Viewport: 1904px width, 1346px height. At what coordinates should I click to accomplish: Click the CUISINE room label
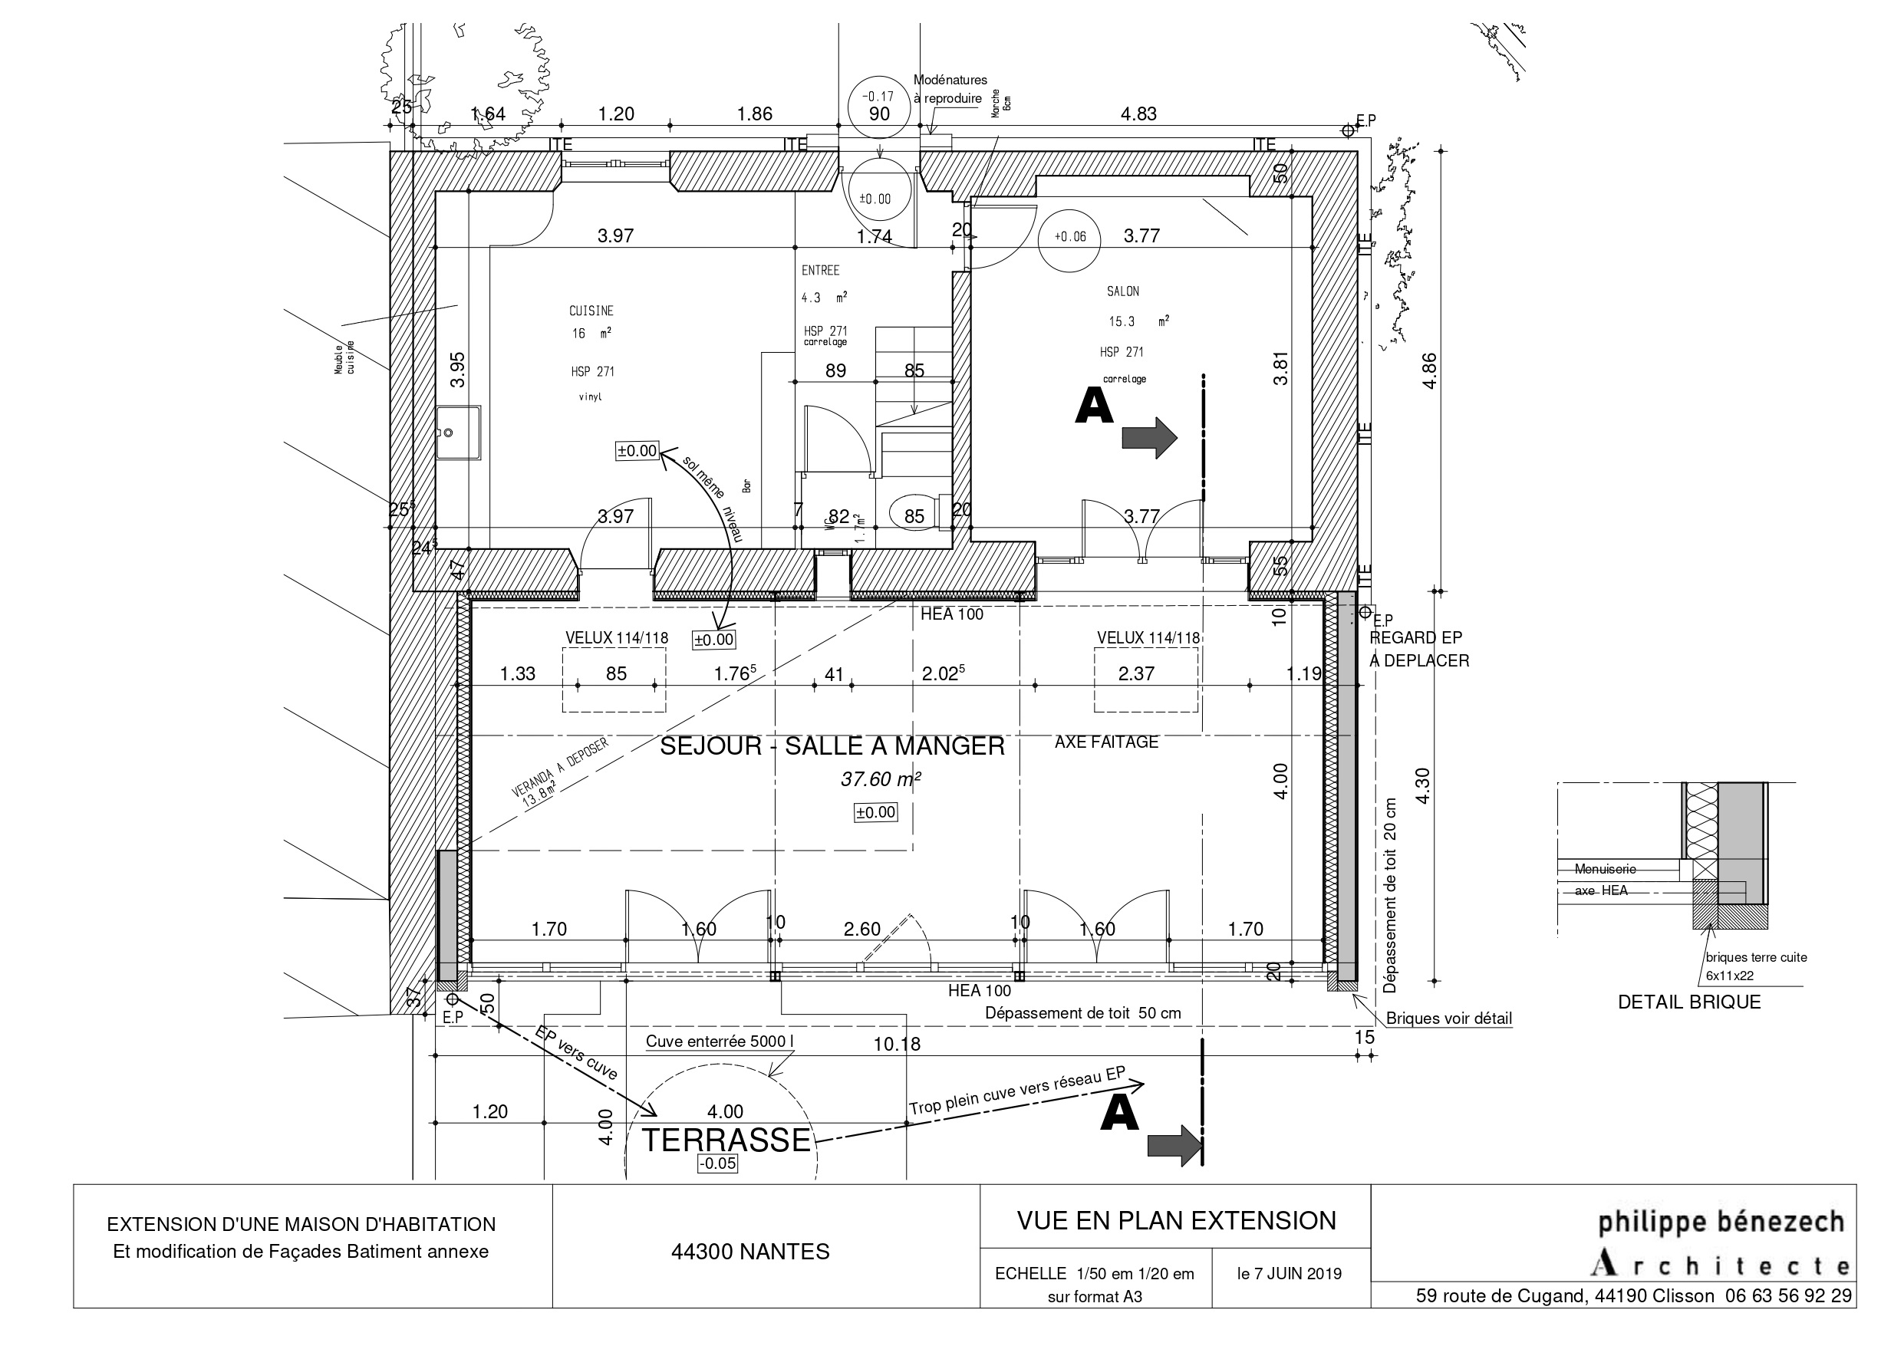pyautogui.click(x=591, y=311)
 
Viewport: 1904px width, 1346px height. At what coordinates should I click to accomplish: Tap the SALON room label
pyautogui.click(x=1123, y=291)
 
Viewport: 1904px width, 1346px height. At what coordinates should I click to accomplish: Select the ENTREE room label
pyautogui.click(x=820, y=271)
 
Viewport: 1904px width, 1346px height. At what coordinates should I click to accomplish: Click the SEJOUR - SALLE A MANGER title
pyautogui.click(x=832, y=746)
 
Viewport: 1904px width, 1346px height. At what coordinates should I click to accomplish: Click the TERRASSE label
pyautogui.click(x=726, y=1140)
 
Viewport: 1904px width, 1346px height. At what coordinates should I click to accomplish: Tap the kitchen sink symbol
pyautogui.click(x=458, y=432)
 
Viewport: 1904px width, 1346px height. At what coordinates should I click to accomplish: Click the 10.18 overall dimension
pyautogui.click(x=897, y=1044)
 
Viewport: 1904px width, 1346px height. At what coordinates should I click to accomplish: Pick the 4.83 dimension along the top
pyautogui.click(x=1138, y=114)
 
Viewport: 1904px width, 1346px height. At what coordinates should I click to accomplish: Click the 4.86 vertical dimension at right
pyautogui.click(x=1429, y=370)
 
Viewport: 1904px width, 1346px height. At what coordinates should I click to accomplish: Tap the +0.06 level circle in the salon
pyautogui.click(x=1070, y=237)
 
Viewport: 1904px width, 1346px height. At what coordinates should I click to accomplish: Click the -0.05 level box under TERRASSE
pyautogui.click(x=717, y=1163)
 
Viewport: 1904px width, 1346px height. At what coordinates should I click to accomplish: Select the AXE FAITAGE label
pyautogui.click(x=1106, y=742)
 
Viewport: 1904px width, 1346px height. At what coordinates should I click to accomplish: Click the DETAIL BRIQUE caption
pyautogui.click(x=1688, y=1002)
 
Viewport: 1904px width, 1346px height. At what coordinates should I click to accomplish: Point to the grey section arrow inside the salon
pyautogui.click(x=1148, y=437)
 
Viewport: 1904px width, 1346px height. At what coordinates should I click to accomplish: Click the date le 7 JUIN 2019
pyautogui.click(x=1289, y=1274)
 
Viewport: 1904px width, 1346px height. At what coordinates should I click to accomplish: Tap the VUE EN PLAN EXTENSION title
pyautogui.click(x=1176, y=1221)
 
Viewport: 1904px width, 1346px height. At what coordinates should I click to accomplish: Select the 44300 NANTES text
pyautogui.click(x=749, y=1252)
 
